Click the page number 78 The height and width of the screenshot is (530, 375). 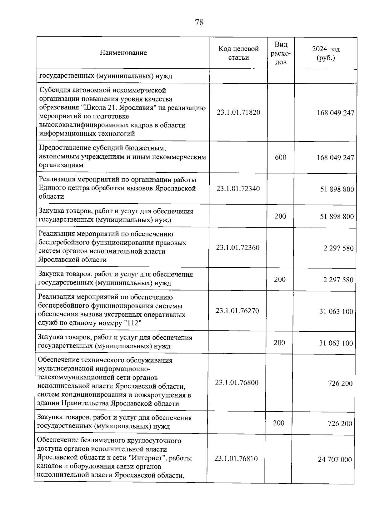[x=199, y=22]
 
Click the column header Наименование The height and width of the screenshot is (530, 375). [x=123, y=52]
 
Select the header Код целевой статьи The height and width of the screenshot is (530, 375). [x=238, y=53]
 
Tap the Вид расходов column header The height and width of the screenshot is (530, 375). [x=281, y=53]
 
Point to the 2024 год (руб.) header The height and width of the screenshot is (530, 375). [x=326, y=53]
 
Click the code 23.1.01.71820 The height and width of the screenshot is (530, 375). [x=238, y=112]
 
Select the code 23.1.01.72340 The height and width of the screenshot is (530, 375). [x=238, y=189]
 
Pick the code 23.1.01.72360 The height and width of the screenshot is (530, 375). [x=237, y=248]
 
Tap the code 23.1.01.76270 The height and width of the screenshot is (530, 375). [x=237, y=311]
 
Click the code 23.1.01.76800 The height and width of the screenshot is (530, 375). [x=237, y=383]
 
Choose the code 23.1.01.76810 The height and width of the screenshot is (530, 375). [x=236, y=458]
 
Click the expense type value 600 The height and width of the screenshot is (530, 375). [x=280, y=157]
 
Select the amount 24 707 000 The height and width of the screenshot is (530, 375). [x=335, y=459]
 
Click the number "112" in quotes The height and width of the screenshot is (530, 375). [x=133, y=323]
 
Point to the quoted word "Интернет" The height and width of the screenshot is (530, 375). [x=148, y=458]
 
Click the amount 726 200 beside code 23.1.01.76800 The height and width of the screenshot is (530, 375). [x=340, y=384]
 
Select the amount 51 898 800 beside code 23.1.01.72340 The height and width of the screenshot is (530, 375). [x=337, y=189]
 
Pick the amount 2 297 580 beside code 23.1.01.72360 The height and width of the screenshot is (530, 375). [x=338, y=249]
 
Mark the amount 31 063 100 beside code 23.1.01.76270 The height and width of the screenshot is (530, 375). [x=336, y=312]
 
